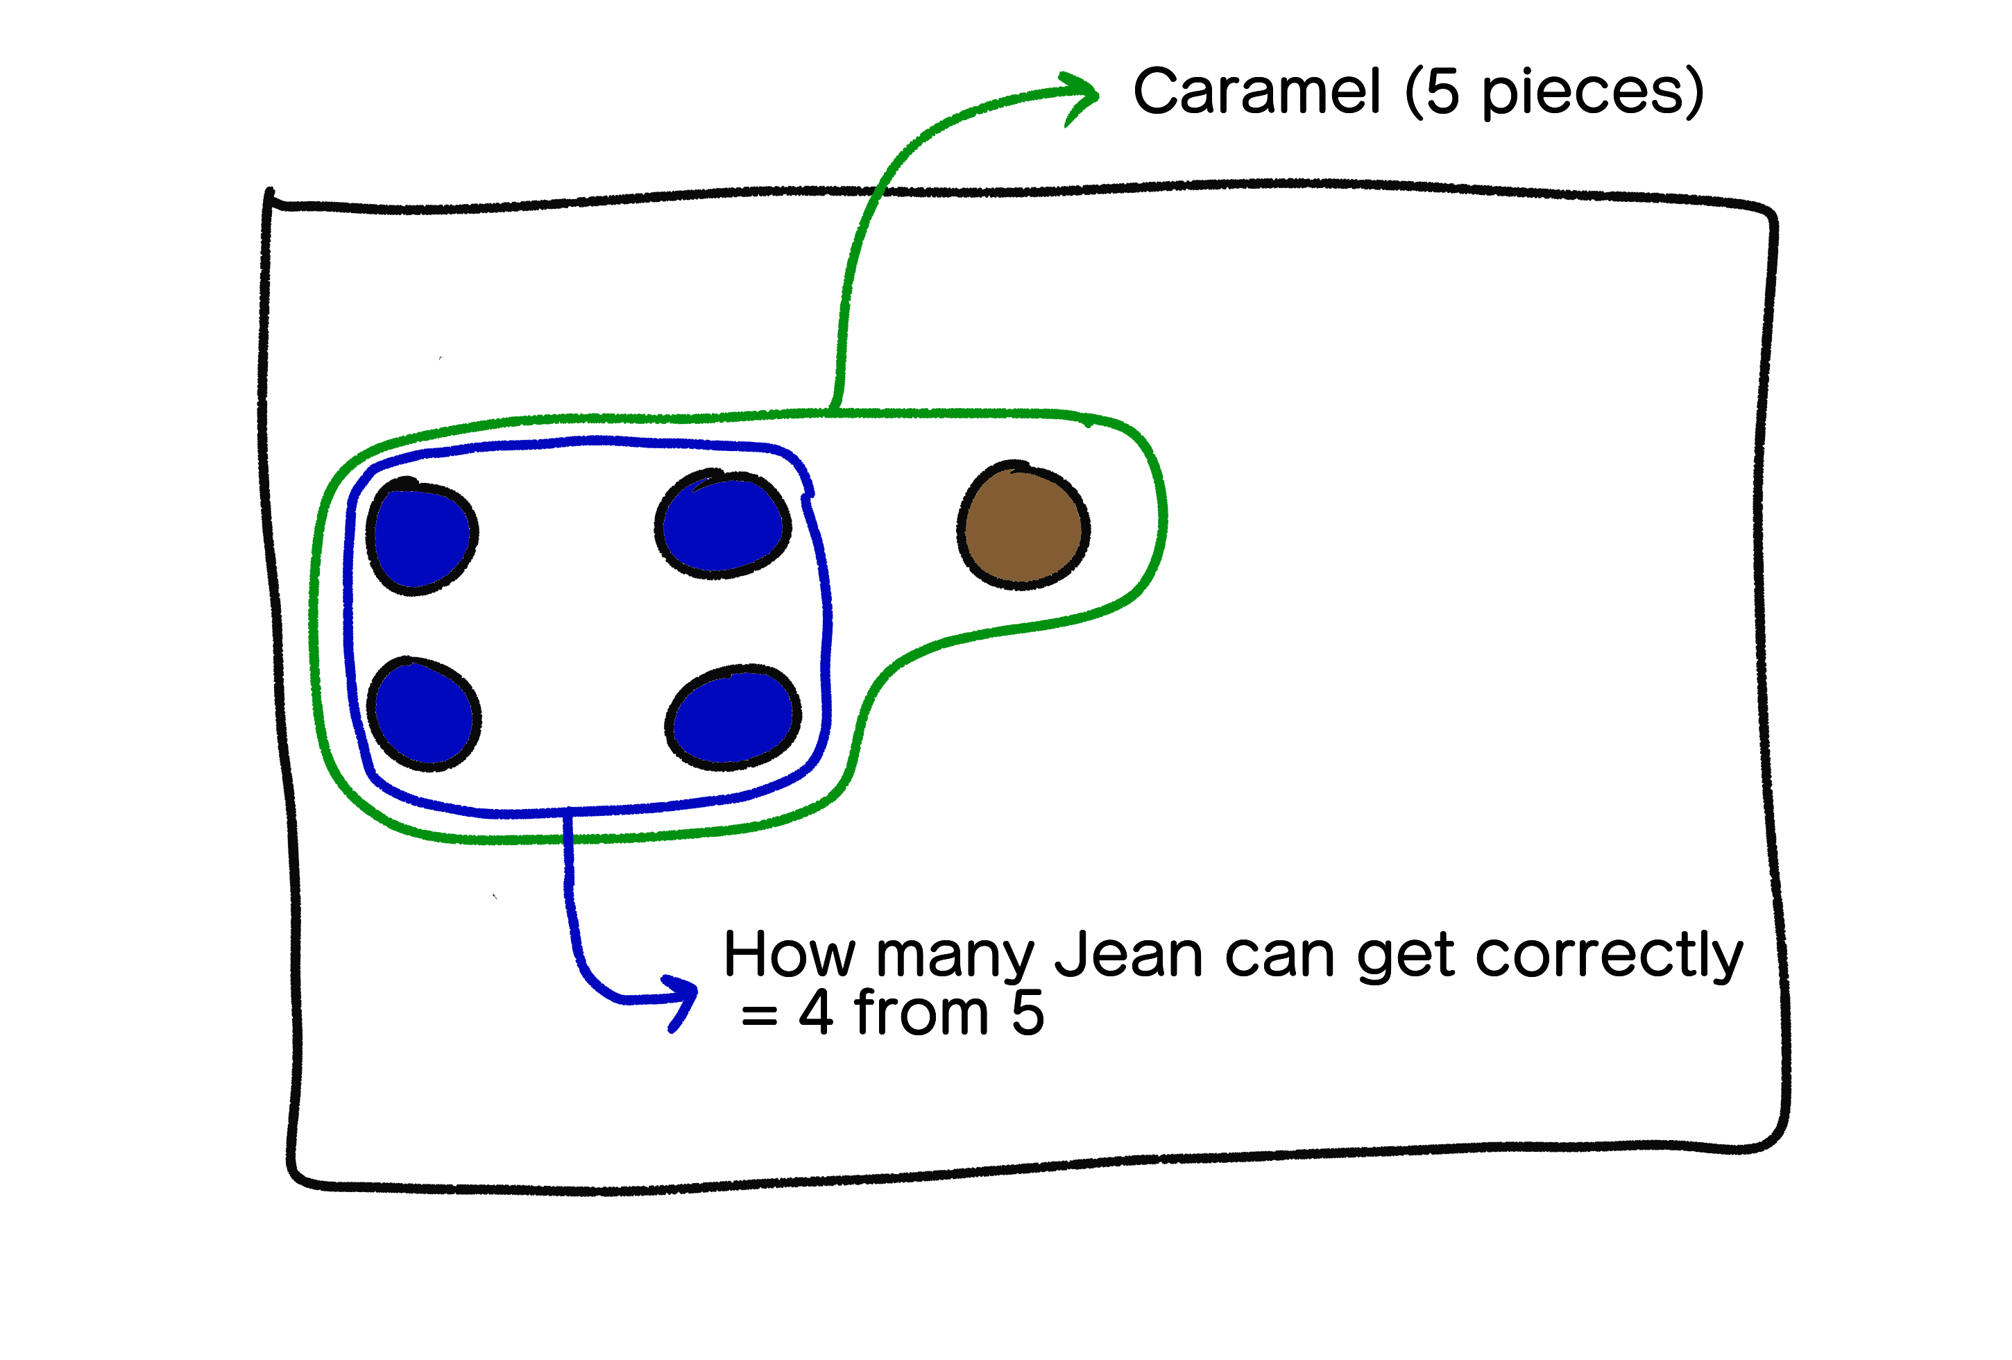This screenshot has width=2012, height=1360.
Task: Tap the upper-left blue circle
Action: (x=422, y=537)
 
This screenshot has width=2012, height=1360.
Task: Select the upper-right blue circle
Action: (x=724, y=525)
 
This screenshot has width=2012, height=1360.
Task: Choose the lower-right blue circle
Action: (x=733, y=717)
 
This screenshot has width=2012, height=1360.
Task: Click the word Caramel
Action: (x=1256, y=92)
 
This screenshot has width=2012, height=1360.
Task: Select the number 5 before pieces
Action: (x=1442, y=92)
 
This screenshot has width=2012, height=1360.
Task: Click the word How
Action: (x=789, y=955)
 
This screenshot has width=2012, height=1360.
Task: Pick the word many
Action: (x=955, y=959)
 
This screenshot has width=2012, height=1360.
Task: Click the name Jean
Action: (x=1128, y=955)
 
